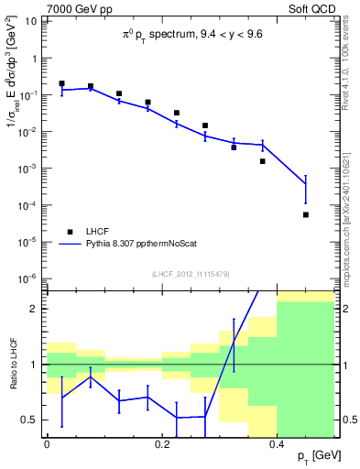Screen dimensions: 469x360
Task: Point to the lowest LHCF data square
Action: pos(306,214)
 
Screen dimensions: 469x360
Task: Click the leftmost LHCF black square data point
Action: pos(61,83)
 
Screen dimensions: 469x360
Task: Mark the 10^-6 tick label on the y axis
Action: pos(28,278)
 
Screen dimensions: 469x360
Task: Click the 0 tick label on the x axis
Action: pos(47,442)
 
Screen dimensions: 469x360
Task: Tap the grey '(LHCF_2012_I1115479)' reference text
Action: pos(190,275)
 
